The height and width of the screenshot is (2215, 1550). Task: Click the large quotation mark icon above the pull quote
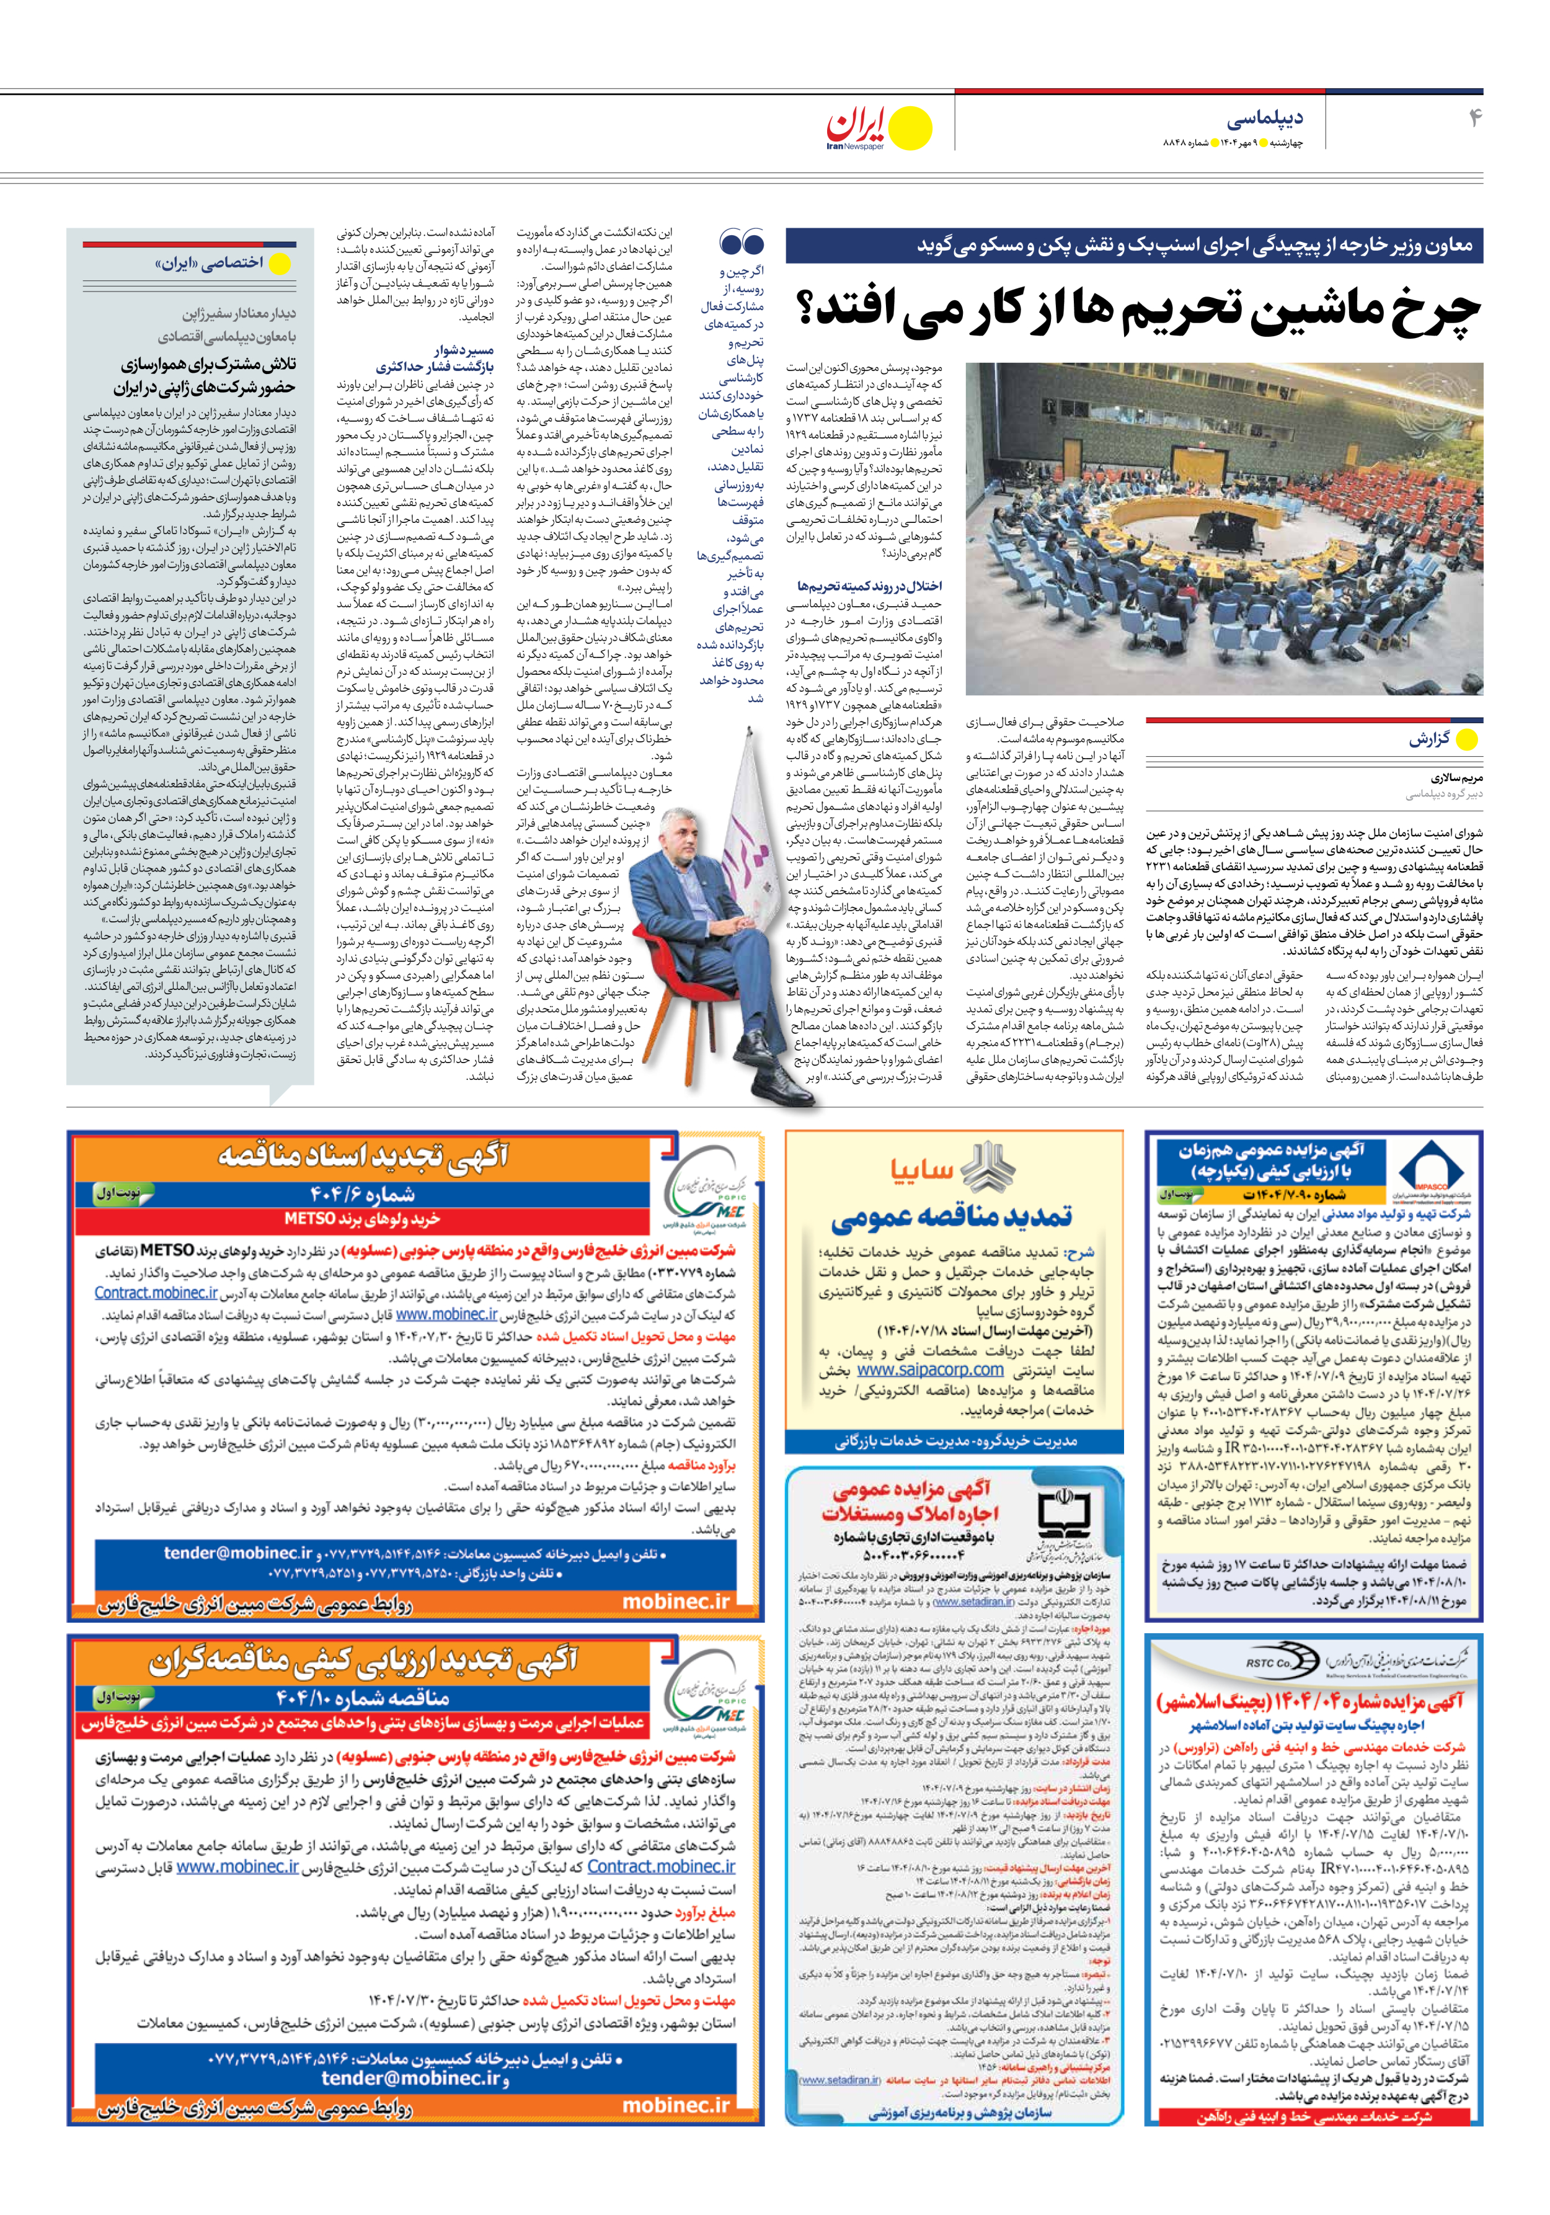[741, 243]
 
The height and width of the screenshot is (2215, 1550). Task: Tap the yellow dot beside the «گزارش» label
[1466, 740]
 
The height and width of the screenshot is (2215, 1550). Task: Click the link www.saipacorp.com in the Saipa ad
[930, 1370]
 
